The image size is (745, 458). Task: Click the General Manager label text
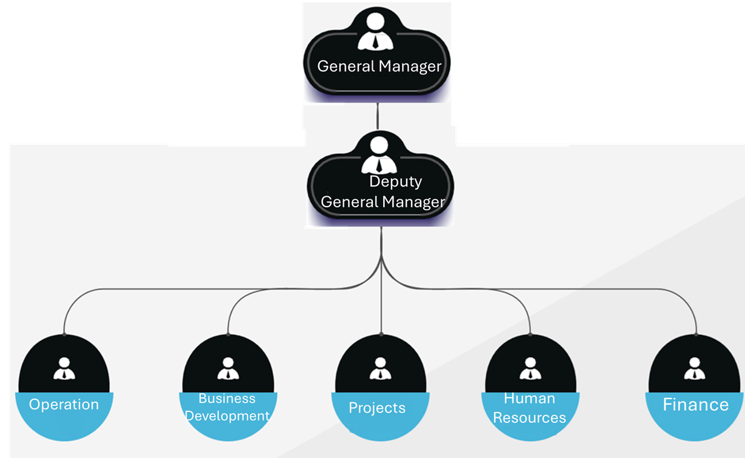(379, 66)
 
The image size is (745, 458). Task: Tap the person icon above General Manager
(376, 32)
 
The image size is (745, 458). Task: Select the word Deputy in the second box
(395, 181)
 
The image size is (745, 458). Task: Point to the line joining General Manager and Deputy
(378, 116)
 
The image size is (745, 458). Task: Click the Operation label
(64, 405)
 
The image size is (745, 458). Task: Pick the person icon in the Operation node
(64, 368)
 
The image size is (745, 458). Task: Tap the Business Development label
(227, 407)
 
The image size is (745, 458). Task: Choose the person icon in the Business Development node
(228, 368)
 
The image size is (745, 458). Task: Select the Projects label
(377, 408)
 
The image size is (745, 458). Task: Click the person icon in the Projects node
(380, 368)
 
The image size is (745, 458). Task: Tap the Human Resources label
(529, 408)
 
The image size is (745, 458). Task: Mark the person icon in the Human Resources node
(530, 368)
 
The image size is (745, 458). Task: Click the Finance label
(695, 405)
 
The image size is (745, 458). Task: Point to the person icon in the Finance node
(694, 368)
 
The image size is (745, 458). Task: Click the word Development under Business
(227, 416)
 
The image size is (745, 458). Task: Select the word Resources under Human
(529, 418)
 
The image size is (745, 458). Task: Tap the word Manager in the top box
(410, 66)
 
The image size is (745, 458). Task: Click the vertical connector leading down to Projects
(381, 303)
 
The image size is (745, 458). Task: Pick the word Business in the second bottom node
(227, 399)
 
